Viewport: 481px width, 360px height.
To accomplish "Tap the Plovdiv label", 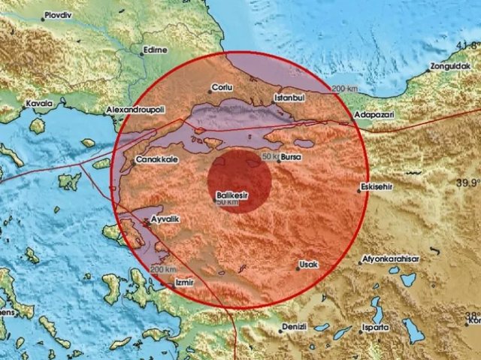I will click(61, 14).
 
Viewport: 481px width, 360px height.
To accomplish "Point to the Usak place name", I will click(309, 266).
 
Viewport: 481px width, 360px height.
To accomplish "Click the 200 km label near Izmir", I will click(162, 270).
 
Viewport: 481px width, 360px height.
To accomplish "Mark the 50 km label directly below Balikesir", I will click(228, 202).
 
